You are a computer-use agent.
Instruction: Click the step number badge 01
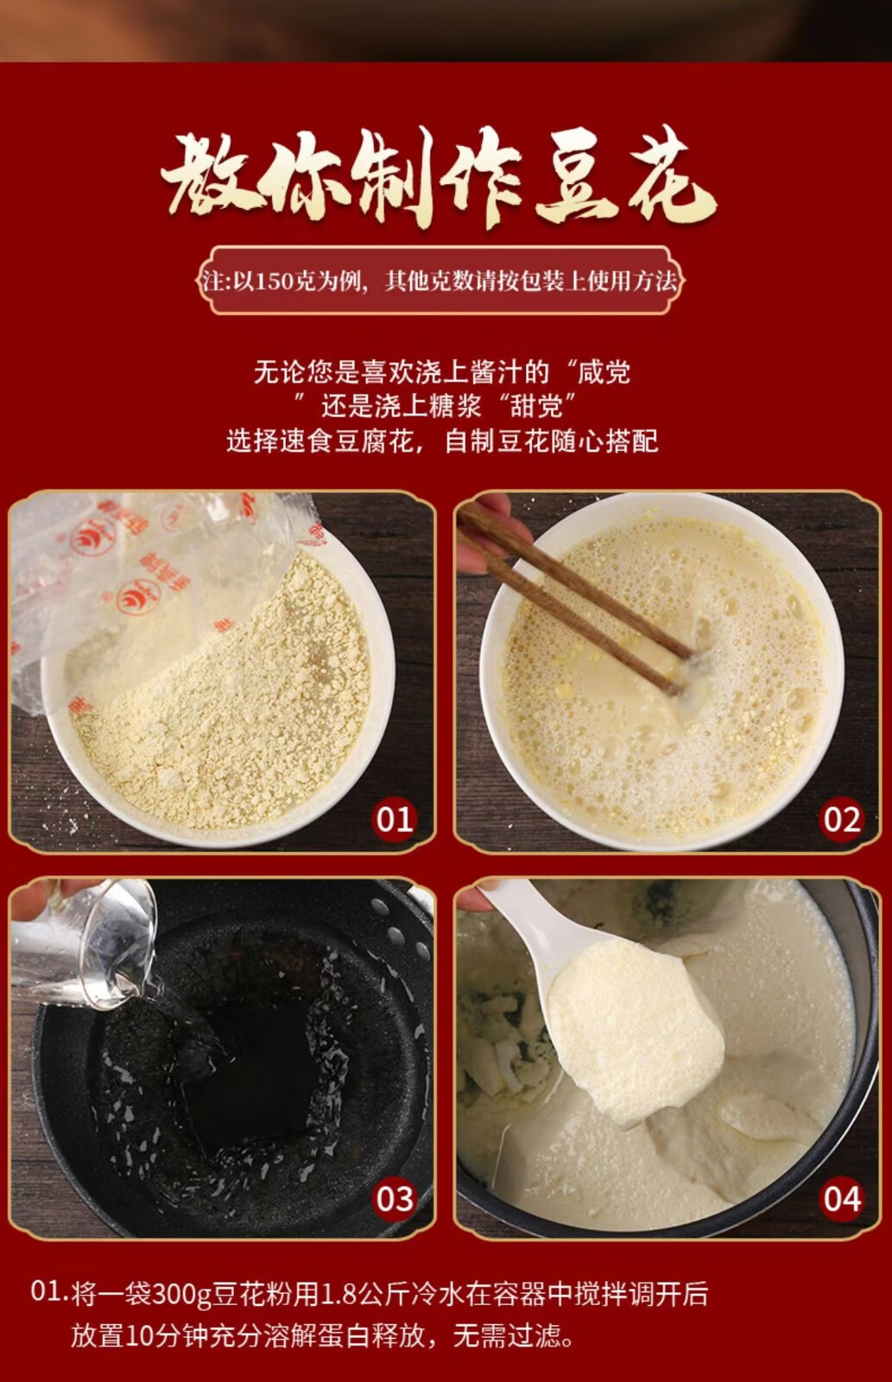tap(395, 819)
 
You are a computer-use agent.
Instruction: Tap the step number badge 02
tap(842, 819)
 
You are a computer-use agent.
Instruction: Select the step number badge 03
tap(395, 1198)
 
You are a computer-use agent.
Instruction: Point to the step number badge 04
tap(842, 1198)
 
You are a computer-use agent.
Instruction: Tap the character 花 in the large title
tap(669, 179)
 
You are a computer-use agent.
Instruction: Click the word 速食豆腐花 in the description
tap(345, 441)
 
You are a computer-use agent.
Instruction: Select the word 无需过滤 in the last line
tap(506, 1335)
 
